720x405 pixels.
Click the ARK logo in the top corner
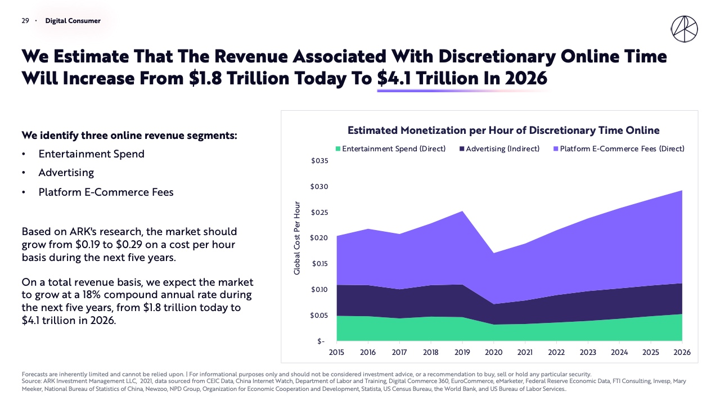[685, 29]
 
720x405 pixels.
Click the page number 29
[25, 21]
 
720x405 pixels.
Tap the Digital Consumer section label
[73, 21]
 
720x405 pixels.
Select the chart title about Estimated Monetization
[503, 130]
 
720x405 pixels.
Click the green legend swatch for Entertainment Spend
[338, 149]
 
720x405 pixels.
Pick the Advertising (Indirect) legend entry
[499, 149]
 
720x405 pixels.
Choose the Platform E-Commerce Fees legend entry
[619, 149]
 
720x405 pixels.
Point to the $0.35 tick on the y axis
[319, 161]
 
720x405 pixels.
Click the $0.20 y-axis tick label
[319, 238]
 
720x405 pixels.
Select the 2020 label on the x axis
[493, 352]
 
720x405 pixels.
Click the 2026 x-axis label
[682, 352]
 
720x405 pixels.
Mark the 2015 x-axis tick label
[337, 352]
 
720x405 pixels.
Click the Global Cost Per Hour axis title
[297, 238]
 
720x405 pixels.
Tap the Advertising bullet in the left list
[66, 173]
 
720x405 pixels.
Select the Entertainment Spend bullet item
[91, 154]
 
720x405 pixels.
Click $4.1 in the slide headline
[394, 78]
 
